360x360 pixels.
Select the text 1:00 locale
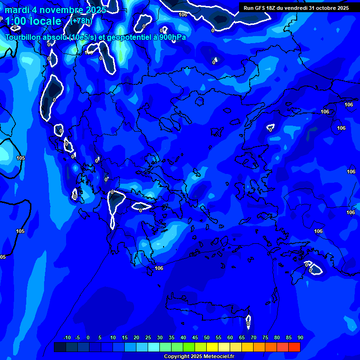pos(33,21)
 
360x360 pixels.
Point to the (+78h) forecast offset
pos(82,21)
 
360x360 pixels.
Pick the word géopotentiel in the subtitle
pos(128,37)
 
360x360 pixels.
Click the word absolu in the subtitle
pos(56,37)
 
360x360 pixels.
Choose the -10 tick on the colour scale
pos(67,337)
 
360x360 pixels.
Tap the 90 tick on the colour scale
pos(300,337)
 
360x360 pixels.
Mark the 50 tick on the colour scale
pos(206,337)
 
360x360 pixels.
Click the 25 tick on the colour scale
pos(148,337)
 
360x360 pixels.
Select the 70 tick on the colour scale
pos(253,337)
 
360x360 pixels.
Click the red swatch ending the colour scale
pos(294,347)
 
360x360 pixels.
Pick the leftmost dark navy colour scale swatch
pos(60,347)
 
